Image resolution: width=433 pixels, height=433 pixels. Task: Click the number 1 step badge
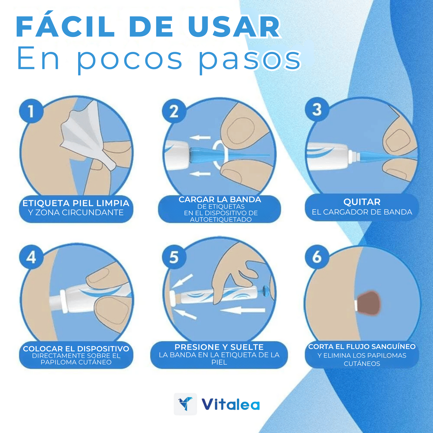coord(31,111)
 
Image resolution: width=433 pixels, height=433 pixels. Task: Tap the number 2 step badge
coord(174,111)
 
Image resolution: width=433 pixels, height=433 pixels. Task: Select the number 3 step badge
coord(317,109)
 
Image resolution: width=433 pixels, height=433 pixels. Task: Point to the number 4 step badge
coord(31,257)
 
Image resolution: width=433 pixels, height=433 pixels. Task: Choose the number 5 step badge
coord(174,257)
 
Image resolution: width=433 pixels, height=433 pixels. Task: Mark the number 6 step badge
coord(317,257)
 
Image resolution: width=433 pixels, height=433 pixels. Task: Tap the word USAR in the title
coord(234,26)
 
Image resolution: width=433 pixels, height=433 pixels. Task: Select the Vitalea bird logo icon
coord(185,404)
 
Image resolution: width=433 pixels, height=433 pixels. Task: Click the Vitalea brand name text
coord(230,404)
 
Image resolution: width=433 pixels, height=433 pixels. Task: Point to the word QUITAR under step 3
coord(362,202)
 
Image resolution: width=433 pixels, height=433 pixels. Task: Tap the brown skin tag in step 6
coord(369,303)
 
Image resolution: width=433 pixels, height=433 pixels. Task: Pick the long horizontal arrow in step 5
coord(243,310)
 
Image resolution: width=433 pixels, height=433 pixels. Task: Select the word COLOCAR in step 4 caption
coord(43,349)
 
